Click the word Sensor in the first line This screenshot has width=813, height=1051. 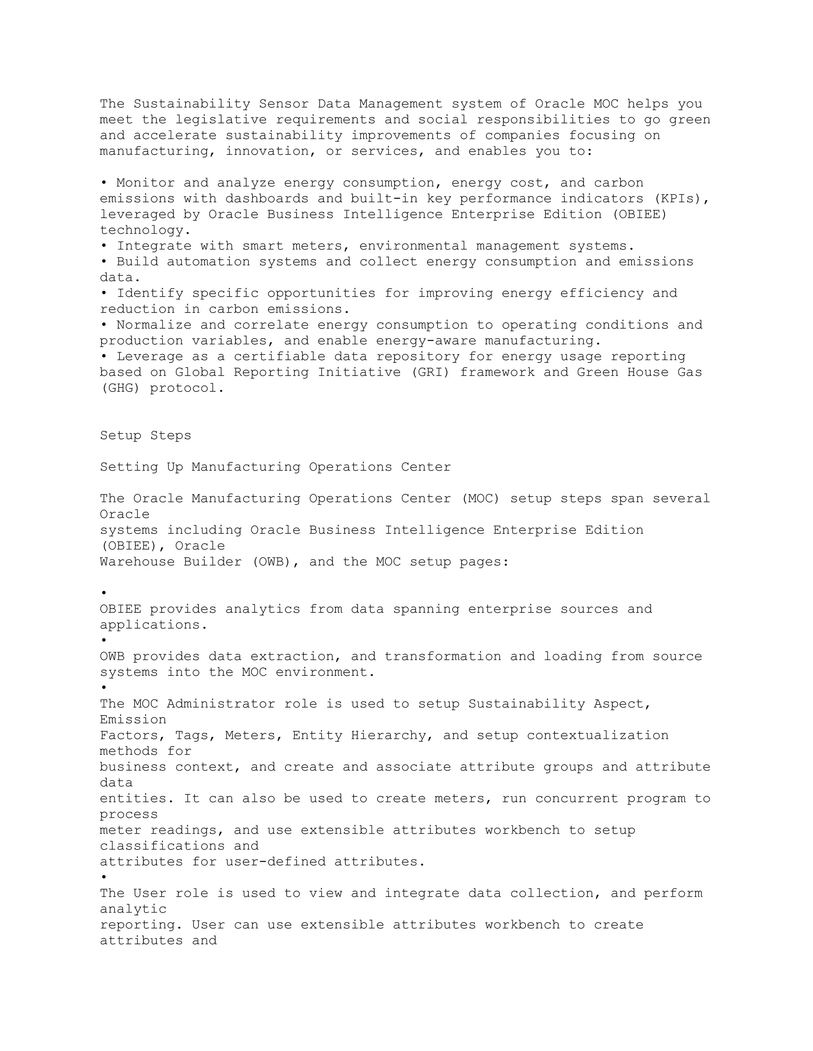[x=284, y=104]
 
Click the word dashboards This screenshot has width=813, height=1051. [x=267, y=199]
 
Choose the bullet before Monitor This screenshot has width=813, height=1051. [x=104, y=183]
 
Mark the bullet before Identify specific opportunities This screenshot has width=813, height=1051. [x=104, y=293]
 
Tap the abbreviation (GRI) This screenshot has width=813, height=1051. [x=430, y=372]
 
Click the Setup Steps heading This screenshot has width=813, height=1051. [x=145, y=435]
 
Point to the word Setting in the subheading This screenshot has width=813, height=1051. [x=129, y=467]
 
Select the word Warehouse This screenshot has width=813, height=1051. [x=137, y=562]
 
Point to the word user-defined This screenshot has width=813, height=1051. [x=275, y=862]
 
